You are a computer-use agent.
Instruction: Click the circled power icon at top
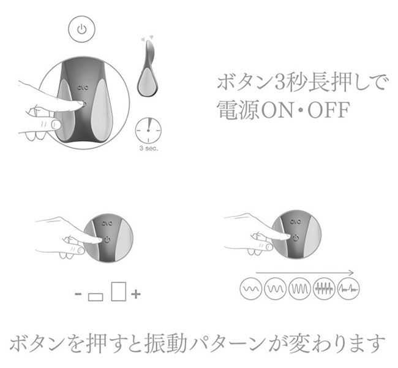coord(81,29)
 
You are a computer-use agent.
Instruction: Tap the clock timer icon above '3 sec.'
coord(149,130)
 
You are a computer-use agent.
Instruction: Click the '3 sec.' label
coord(149,148)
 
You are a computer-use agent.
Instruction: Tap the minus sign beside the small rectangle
coord(78,294)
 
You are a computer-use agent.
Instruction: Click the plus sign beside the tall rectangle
coord(136,294)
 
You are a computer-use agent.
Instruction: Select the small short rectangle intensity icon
coord(96,297)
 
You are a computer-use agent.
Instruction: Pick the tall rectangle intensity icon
coord(119,291)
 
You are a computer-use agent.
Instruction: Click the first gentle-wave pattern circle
coord(251,289)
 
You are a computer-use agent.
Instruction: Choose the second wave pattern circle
coord(276,289)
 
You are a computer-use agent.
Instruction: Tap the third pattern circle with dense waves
coord(300,289)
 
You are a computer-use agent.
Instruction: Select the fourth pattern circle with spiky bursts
coord(324,289)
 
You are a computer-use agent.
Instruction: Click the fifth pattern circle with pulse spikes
coord(348,289)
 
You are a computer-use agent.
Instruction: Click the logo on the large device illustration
coord(83,88)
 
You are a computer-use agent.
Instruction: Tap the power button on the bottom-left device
coord(107,239)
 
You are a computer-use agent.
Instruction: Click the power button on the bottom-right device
coord(296,238)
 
